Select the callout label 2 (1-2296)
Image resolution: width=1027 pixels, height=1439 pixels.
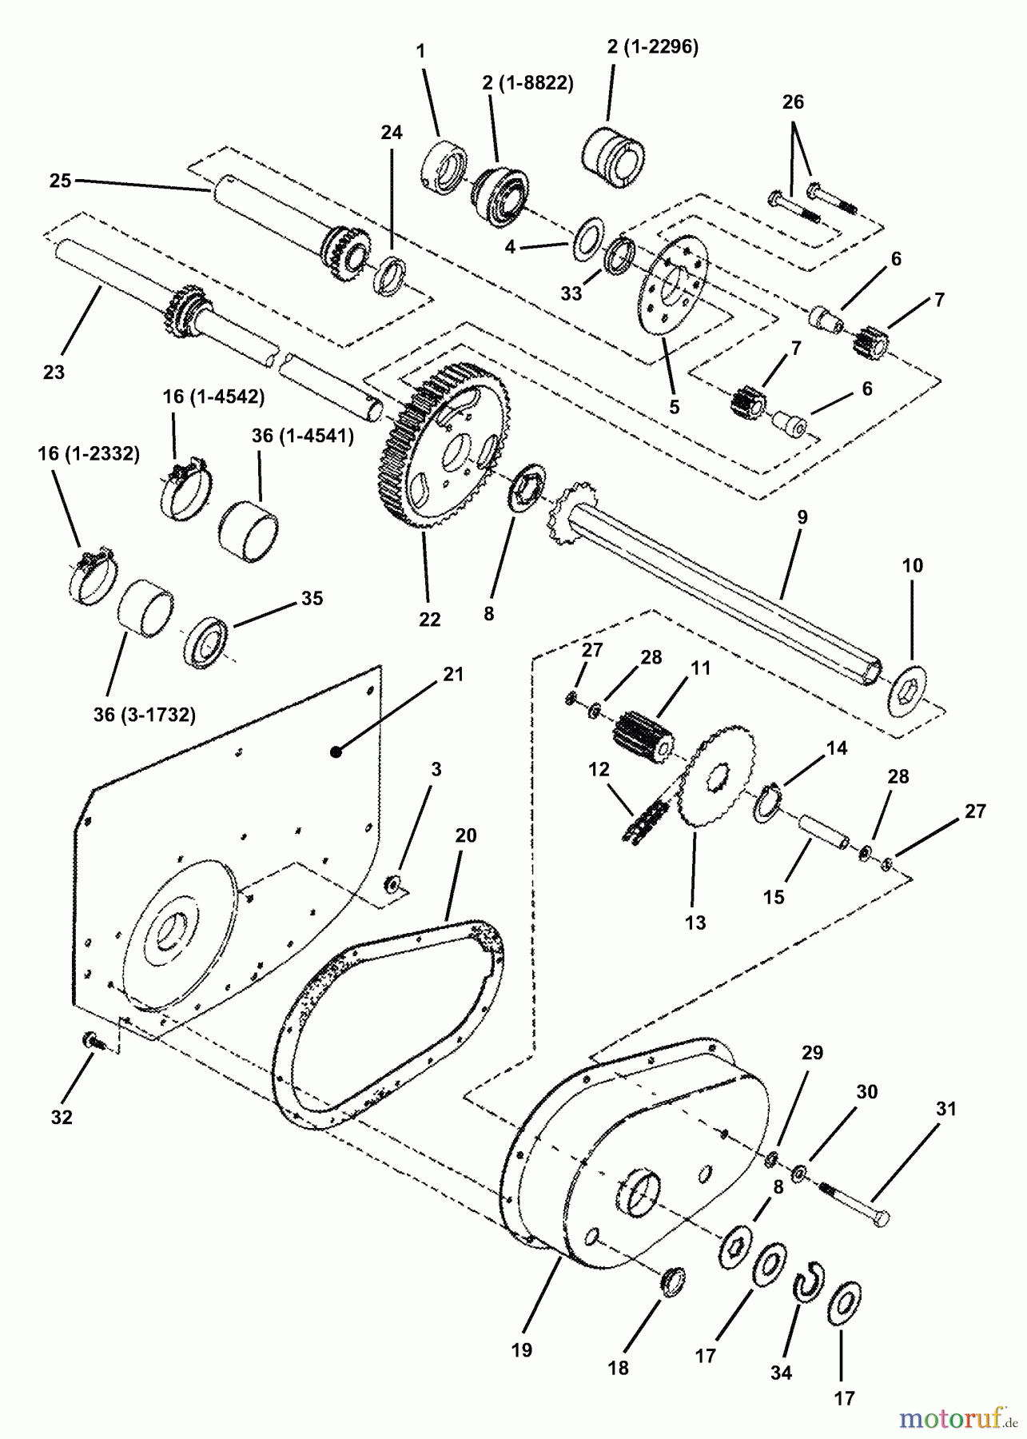[x=652, y=47]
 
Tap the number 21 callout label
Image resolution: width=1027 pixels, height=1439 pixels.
[x=453, y=674]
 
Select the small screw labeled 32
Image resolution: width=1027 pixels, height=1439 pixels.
[x=91, y=1041]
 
